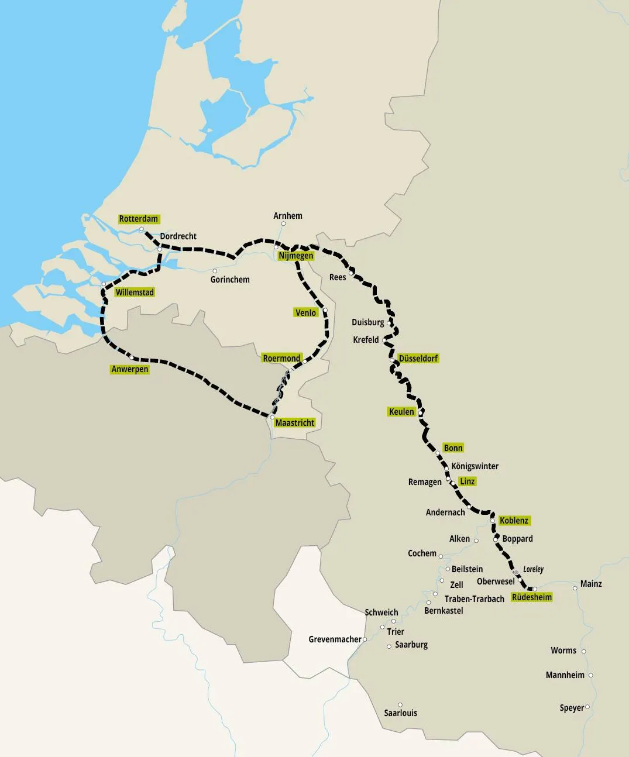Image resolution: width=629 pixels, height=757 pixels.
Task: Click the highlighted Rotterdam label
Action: (x=139, y=219)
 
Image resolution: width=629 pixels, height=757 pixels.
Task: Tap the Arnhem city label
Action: (x=288, y=216)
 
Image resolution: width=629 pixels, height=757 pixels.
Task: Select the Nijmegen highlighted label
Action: (x=296, y=256)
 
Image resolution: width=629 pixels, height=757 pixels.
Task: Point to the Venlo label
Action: (x=305, y=313)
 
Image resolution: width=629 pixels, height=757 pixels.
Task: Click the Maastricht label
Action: (x=295, y=422)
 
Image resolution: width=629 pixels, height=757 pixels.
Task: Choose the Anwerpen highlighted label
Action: (x=130, y=369)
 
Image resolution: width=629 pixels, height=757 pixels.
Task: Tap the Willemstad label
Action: (x=135, y=293)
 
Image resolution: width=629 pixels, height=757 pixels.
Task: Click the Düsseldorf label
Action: (x=418, y=358)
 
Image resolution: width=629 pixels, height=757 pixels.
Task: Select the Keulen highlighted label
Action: (x=401, y=412)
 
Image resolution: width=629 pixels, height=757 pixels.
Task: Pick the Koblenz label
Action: (x=514, y=521)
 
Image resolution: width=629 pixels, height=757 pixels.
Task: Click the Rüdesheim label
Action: (x=532, y=597)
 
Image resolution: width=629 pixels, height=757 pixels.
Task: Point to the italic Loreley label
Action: (x=533, y=569)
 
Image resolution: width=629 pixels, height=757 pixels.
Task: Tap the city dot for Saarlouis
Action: (x=400, y=705)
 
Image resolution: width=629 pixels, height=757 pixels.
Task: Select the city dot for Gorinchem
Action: (x=215, y=271)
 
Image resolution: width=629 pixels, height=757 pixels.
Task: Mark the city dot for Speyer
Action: (x=587, y=707)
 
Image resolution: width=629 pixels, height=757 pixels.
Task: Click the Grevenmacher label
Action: (x=335, y=639)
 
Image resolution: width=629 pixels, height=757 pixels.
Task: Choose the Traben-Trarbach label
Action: (x=475, y=599)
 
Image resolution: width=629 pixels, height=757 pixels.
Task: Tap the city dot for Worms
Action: (x=583, y=651)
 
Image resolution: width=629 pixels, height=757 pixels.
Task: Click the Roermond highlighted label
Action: (x=281, y=358)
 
